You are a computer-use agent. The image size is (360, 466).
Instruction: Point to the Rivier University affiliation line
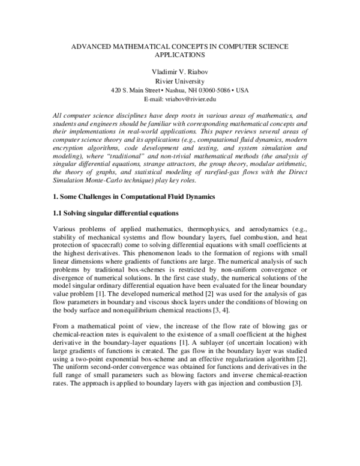[180, 81]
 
